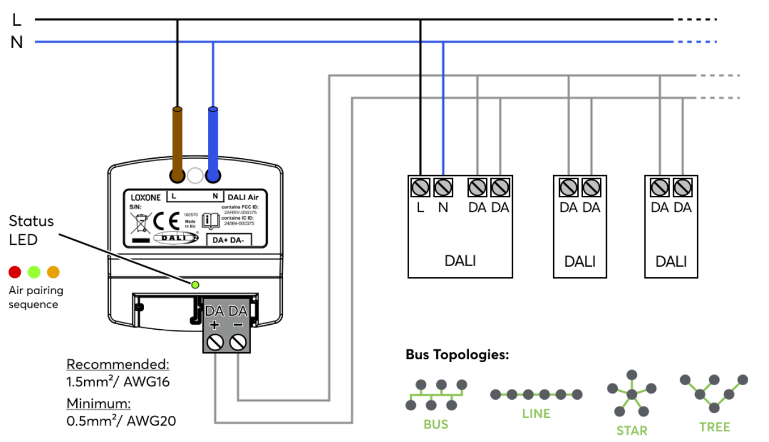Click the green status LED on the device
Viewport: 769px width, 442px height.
[195, 284]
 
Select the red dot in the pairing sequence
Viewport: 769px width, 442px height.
[15, 272]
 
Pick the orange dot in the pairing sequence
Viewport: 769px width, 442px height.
[54, 272]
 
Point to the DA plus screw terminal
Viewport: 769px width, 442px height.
[215, 343]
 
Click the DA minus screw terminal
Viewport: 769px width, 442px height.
[238, 343]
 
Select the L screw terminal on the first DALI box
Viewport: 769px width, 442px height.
[421, 187]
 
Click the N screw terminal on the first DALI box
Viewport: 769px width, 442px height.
[443, 187]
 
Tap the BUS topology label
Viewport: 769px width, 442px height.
[436, 424]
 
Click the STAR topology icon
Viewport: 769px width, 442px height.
[632, 394]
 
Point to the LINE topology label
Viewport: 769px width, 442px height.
[536, 413]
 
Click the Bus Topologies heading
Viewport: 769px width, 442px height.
[457, 355]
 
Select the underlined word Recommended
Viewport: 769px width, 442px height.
[117, 364]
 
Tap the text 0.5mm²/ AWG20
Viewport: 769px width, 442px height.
[117, 421]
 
